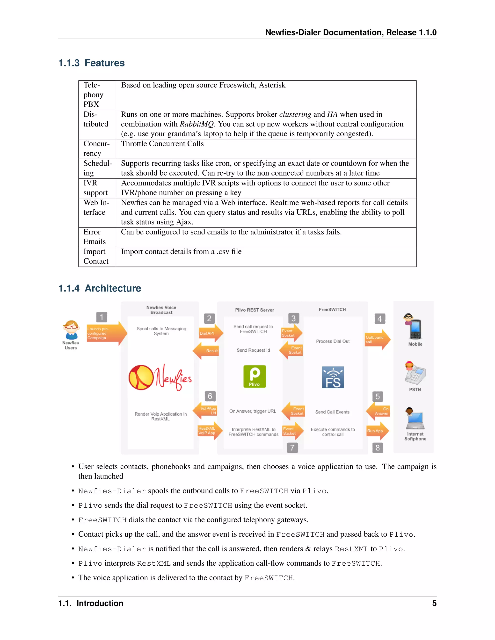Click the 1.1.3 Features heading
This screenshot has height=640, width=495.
[x=92, y=63]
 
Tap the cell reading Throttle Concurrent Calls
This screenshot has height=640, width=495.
[x=162, y=144]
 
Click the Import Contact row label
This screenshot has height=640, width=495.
[x=96, y=256]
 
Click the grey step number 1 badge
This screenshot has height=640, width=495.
[x=102, y=317]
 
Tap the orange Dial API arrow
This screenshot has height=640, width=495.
[x=210, y=333]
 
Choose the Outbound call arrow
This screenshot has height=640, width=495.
[x=377, y=340]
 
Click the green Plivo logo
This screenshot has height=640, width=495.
[x=255, y=377]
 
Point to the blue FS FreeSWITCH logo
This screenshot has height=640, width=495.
[x=333, y=377]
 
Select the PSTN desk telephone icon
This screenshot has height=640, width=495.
[x=415, y=373]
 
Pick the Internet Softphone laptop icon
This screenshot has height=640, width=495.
[x=415, y=419]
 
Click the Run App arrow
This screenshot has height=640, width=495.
[x=377, y=431]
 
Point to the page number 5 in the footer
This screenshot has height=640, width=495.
[x=434, y=603]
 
